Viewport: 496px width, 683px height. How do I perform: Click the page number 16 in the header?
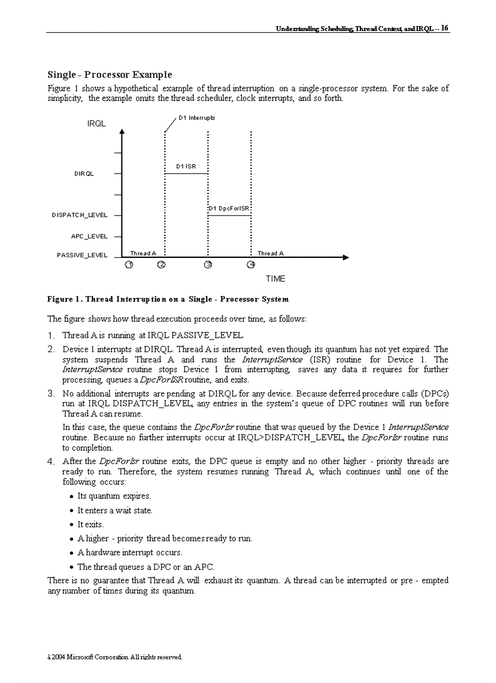tap(445, 28)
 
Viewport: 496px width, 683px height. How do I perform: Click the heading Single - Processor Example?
tap(109, 75)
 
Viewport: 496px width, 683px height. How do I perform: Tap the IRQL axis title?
tap(97, 123)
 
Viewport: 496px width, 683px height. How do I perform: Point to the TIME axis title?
tap(275, 279)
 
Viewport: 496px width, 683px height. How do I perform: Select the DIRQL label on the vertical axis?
tap(84, 174)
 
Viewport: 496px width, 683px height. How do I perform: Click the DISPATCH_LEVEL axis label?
tap(80, 215)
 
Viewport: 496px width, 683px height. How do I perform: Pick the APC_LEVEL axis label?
tap(89, 236)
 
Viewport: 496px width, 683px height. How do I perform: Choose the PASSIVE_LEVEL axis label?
tap(82, 255)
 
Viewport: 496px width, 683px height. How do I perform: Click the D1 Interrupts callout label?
tap(197, 117)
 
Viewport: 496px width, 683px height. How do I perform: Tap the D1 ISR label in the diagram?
tap(186, 166)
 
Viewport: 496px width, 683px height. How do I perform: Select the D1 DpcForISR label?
tap(229, 209)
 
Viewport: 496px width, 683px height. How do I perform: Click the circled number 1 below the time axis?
tap(129, 265)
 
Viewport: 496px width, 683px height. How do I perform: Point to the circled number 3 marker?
tap(208, 265)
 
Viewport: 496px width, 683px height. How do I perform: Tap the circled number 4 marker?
tap(251, 265)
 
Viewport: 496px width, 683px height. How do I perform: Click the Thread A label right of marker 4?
tap(270, 254)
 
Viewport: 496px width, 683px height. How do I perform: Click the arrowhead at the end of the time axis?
tap(346, 258)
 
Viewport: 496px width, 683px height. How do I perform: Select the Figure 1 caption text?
tap(168, 299)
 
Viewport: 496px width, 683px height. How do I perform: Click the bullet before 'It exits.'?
tap(72, 525)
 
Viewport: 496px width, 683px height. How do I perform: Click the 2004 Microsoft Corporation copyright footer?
tap(115, 657)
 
